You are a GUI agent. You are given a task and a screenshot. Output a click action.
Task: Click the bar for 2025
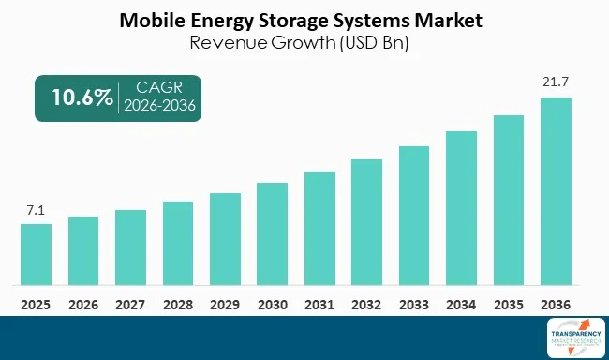pyautogui.click(x=37, y=254)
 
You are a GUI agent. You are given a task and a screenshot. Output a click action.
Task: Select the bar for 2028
pyautogui.click(x=178, y=243)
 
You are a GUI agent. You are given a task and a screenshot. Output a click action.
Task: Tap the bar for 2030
pyautogui.click(x=272, y=233)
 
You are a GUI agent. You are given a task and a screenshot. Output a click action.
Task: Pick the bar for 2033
pyautogui.click(x=414, y=216)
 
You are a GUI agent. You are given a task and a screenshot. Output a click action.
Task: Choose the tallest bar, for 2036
pyautogui.click(x=556, y=191)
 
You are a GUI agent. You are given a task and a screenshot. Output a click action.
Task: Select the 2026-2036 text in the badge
pyautogui.click(x=161, y=106)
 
